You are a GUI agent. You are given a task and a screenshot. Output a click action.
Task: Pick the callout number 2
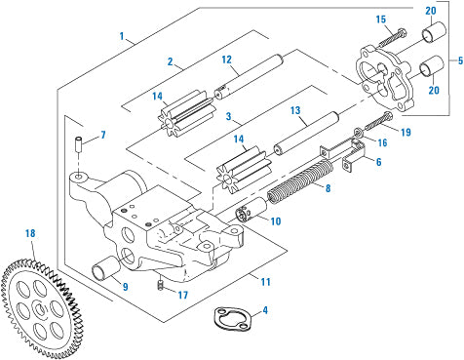(170, 61)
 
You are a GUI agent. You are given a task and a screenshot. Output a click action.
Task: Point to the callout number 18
(30, 234)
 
